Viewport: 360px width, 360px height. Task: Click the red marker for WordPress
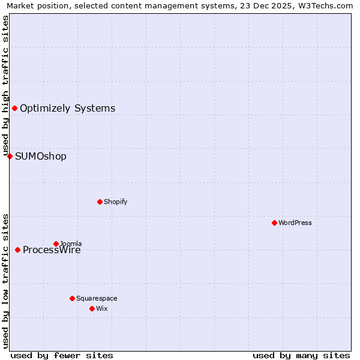tap(274, 223)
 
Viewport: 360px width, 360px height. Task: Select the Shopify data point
tap(100, 202)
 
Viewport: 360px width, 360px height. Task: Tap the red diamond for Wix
tap(92, 308)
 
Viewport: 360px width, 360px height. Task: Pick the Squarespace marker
tap(72, 298)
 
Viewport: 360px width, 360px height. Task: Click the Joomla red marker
tap(56, 244)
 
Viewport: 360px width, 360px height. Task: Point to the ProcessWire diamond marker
tap(17, 250)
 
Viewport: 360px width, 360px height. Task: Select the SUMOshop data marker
tap(10, 156)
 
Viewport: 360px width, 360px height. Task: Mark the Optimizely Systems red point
tap(14, 108)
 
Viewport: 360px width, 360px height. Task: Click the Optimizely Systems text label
tap(67, 109)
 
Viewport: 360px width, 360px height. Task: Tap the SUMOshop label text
tap(41, 157)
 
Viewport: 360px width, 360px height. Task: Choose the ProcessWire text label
tap(52, 251)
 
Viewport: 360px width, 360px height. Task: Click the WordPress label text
tap(295, 223)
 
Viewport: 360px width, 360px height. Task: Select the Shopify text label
tap(116, 202)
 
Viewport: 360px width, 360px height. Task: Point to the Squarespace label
tap(97, 298)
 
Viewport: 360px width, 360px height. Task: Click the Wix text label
tap(101, 308)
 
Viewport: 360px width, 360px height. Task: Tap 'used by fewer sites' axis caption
tap(62, 355)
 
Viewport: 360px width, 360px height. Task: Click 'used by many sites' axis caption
tap(301, 355)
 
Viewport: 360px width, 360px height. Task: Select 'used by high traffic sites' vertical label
tap(5, 86)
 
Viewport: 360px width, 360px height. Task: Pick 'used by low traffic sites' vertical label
tap(5, 280)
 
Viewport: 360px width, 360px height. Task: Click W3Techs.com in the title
tap(323, 5)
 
